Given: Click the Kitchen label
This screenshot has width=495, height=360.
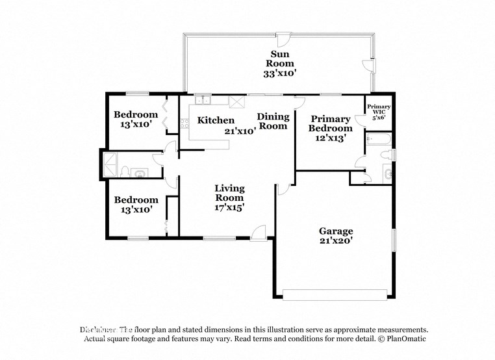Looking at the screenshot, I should [x=216, y=120].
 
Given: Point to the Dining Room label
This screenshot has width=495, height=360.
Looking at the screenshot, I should [x=273, y=122].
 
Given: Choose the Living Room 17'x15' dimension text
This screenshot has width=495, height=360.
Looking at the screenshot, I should [x=230, y=208].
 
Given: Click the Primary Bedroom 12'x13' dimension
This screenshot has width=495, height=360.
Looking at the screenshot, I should [x=330, y=138].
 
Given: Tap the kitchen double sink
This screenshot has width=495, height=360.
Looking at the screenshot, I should [x=203, y=100].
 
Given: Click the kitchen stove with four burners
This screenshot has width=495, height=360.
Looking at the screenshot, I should [x=237, y=101].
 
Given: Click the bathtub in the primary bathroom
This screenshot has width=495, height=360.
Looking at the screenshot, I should [x=377, y=138].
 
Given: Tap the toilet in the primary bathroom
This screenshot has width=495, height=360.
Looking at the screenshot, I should [x=387, y=155].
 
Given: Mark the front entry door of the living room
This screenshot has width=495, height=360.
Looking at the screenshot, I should [x=258, y=233].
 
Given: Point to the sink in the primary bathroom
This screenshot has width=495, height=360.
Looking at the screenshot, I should [x=388, y=174].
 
